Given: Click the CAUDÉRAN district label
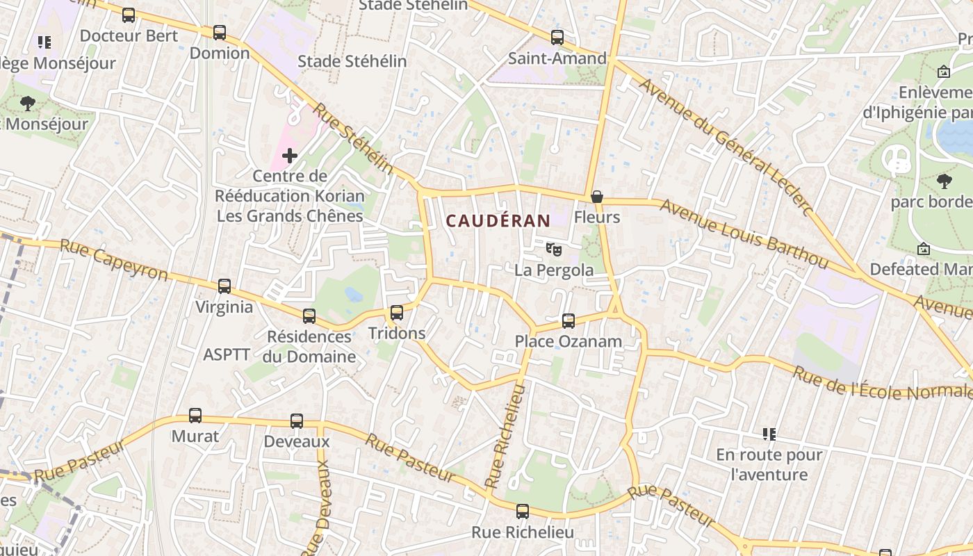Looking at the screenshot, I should (x=498, y=221).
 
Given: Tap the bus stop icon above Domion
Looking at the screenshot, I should (x=220, y=32).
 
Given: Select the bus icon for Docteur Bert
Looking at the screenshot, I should (x=129, y=15).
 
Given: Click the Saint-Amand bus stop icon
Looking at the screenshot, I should (x=557, y=38).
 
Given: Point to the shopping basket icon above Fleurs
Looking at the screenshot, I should (x=597, y=197).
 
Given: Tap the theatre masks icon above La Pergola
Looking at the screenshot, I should (x=553, y=248).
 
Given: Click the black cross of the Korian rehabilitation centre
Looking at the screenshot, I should (x=290, y=156).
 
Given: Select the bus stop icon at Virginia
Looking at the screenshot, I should (x=224, y=286).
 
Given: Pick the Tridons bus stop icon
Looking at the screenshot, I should (x=397, y=312).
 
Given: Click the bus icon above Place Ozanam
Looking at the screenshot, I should (x=569, y=320).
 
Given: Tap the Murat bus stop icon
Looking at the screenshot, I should (x=195, y=416).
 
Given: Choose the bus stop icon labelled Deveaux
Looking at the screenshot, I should (x=297, y=420).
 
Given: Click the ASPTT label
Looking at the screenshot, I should (x=227, y=354).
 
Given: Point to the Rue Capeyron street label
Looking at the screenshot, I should (x=114, y=260).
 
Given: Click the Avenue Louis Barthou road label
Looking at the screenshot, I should (x=744, y=234).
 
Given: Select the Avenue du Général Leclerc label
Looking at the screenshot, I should (x=726, y=147).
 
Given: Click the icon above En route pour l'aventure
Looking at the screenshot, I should (x=769, y=434).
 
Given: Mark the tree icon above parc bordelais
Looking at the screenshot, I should (x=944, y=181).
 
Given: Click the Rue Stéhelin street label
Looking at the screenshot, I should (x=352, y=139).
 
